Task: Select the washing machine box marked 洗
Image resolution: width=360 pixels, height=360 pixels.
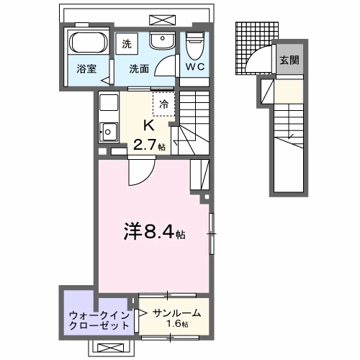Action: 127,43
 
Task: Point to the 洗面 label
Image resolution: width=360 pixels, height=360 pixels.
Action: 139,70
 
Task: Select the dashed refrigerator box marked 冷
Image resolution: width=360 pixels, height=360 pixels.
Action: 163,104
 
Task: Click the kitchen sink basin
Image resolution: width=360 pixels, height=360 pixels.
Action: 109,132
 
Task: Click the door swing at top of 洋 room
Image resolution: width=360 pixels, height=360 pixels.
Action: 140,173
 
